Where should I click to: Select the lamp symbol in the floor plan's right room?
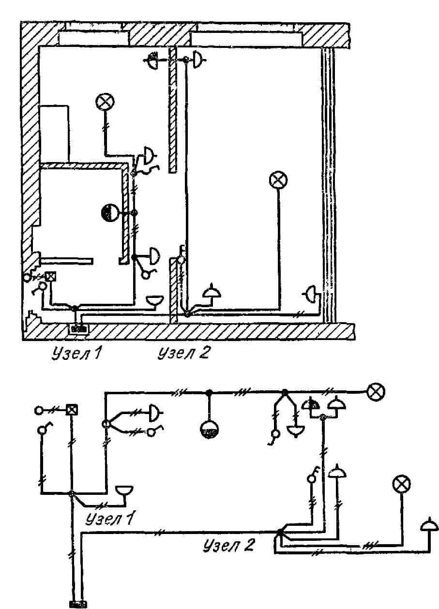pos(278,180)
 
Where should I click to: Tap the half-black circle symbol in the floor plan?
pos(109,212)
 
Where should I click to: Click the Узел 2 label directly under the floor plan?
pos(183,354)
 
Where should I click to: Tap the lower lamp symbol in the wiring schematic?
pos(401,484)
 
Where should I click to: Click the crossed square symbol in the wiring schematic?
pos(72,410)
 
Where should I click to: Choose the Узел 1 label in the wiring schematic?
pos(110,519)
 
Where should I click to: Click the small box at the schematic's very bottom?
pos(78,604)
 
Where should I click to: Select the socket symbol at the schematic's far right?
pos(429,526)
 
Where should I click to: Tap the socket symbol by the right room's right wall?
pos(312,293)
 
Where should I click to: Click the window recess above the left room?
pos(93,37)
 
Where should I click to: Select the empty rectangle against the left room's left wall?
pos(54,133)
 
